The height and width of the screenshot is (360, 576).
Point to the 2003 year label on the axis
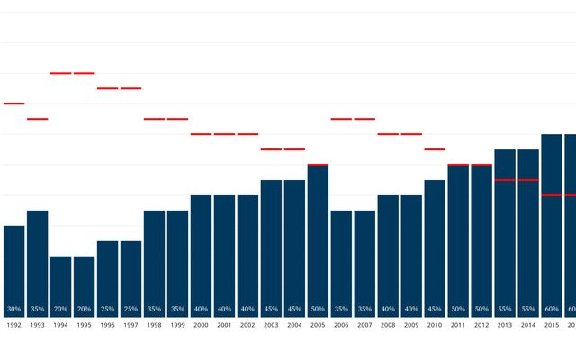(x=271, y=324)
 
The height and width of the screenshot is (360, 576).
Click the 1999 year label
(x=177, y=324)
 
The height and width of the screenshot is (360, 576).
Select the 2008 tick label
(x=388, y=324)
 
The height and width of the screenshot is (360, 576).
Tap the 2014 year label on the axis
(x=528, y=324)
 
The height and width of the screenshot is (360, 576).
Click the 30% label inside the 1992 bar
(x=13, y=309)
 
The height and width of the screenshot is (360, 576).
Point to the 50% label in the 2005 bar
(x=318, y=309)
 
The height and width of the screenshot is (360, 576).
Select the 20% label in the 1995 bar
(x=84, y=309)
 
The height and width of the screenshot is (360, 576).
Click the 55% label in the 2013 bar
(x=505, y=309)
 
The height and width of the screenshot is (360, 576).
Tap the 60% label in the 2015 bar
(x=552, y=309)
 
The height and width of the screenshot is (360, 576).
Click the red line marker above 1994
(x=60, y=73)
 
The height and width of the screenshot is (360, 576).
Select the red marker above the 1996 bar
(x=107, y=88)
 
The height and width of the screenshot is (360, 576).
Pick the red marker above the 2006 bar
(x=341, y=119)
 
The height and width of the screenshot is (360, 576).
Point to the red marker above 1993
(x=37, y=119)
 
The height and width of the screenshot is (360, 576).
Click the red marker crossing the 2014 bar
(x=528, y=180)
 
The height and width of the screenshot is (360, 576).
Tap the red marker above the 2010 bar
(x=435, y=149)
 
